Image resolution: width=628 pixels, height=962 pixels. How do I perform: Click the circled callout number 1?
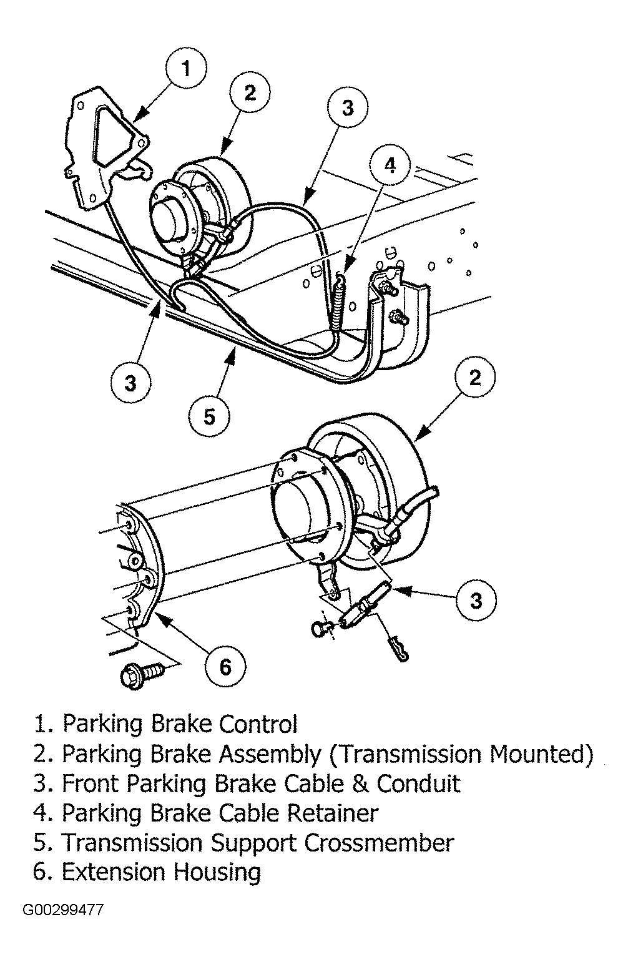(186, 69)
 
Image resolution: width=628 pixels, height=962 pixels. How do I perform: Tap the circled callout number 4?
(390, 166)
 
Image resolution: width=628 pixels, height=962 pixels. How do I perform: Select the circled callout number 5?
(209, 416)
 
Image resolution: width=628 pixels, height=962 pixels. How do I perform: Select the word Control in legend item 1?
(258, 724)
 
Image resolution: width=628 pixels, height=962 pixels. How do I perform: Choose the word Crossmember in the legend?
(380, 843)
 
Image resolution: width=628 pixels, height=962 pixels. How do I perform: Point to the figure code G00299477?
(63, 910)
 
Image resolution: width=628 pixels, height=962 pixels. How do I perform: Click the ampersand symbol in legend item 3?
(360, 784)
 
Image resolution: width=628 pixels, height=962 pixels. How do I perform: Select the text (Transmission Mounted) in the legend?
(461, 754)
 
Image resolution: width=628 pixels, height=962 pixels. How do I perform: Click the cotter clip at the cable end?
(397, 649)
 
